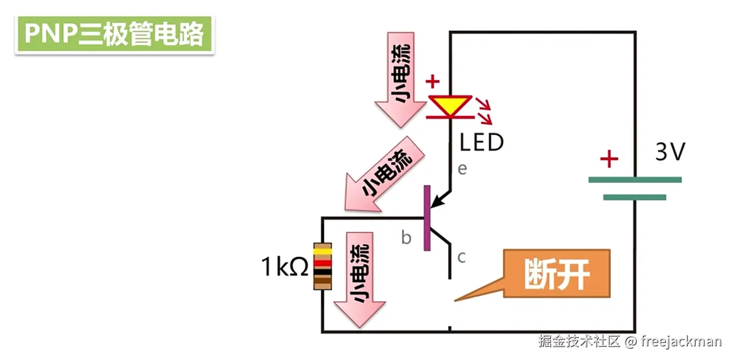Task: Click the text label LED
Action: click(x=482, y=142)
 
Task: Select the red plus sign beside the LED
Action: click(x=433, y=82)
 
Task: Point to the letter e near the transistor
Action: click(x=462, y=168)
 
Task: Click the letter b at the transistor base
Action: click(x=406, y=237)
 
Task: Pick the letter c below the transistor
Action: click(x=462, y=256)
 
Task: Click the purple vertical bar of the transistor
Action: click(x=427, y=218)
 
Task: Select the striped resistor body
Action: click(x=322, y=266)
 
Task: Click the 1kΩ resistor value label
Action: click(x=284, y=267)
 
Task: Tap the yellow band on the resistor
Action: click(x=322, y=252)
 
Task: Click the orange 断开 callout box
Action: click(x=556, y=274)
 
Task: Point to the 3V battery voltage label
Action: click(x=670, y=152)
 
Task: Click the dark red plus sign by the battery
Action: click(x=609, y=160)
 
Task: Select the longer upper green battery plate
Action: click(x=635, y=180)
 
